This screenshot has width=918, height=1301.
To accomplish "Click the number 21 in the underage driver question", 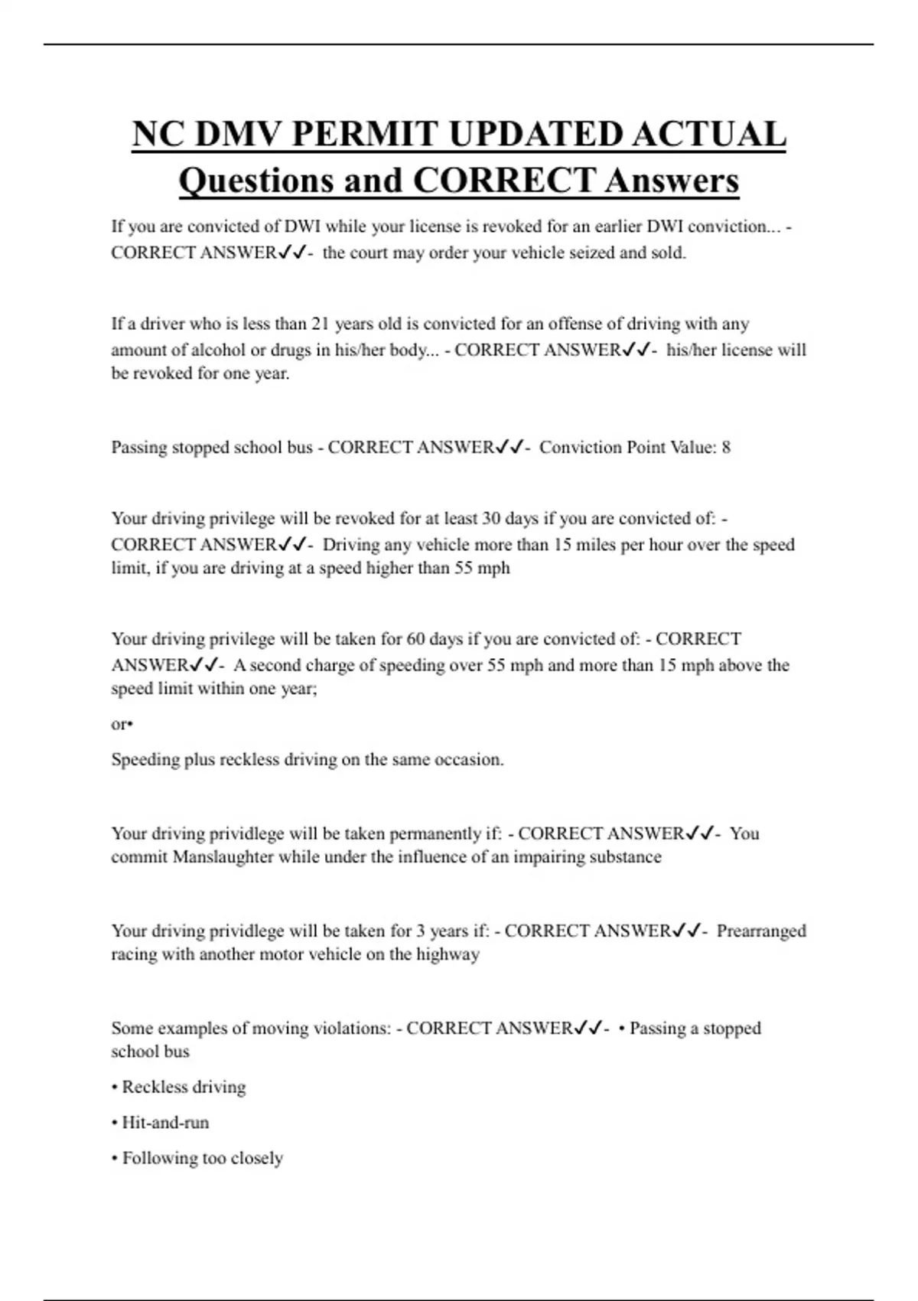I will pos(321,324).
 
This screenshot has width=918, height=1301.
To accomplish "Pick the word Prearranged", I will pos(761,931).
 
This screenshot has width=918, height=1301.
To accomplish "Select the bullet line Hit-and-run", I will pos(161,1123).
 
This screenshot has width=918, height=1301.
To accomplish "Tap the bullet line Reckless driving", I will pos(179,1087).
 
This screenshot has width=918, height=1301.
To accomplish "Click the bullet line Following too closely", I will pos(197,1158).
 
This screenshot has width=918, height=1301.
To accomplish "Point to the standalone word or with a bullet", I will pos(122,724).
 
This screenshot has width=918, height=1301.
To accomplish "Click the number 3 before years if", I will pos(420,931).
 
